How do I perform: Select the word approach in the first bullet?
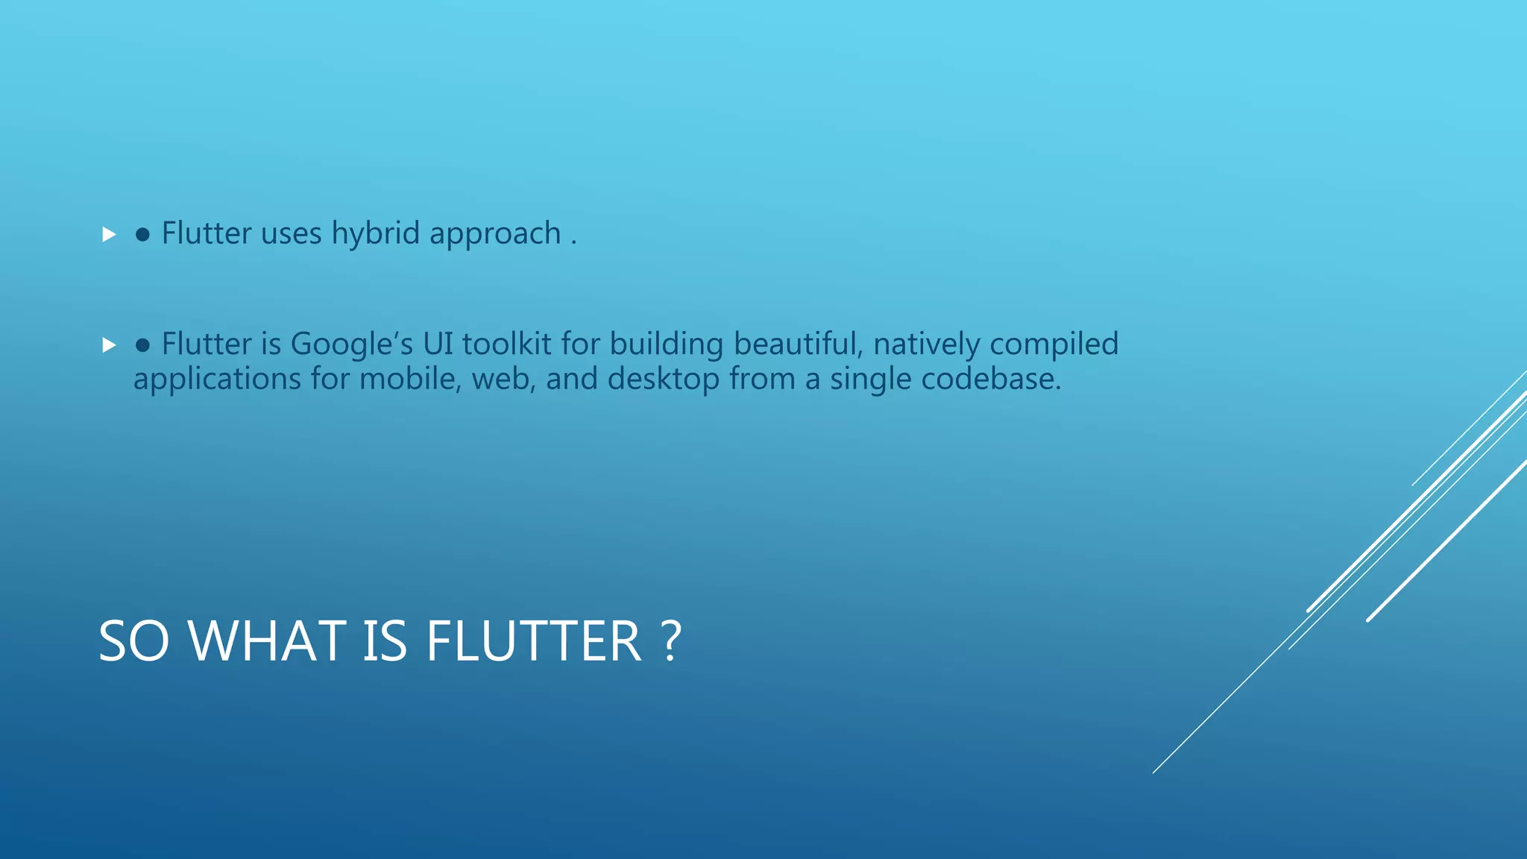coord(495,234)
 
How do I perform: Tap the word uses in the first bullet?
coord(291,234)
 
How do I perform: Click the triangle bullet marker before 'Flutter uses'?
coord(109,235)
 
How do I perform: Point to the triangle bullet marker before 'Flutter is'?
coord(109,345)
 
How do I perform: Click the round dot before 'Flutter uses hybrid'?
coord(142,236)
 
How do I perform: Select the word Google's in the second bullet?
coord(351,344)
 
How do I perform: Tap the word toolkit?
coord(506,344)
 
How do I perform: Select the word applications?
coord(217,380)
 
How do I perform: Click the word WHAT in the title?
coord(266,641)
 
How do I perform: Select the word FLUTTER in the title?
coord(533,641)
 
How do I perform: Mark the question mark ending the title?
coord(670,641)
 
